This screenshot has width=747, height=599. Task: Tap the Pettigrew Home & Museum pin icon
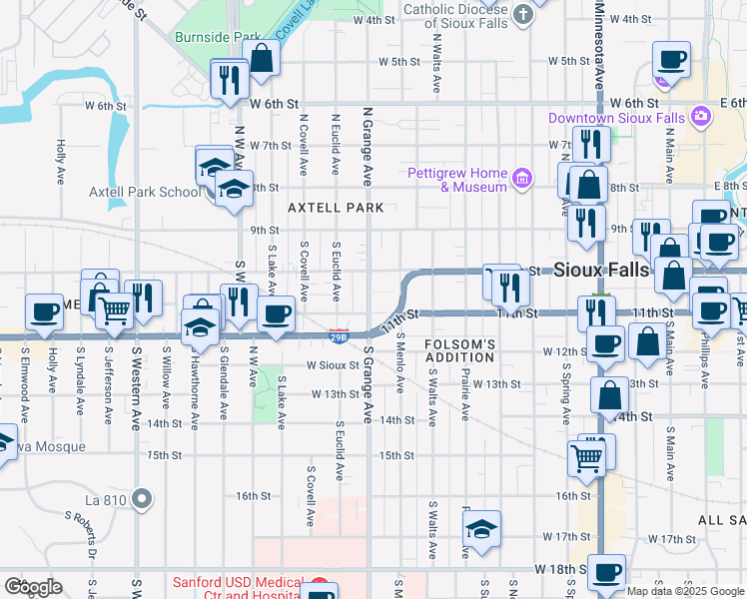click(x=520, y=180)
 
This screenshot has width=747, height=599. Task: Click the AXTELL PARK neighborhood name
click(x=335, y=208)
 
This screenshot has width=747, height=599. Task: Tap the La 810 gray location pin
click(x=143, y=497)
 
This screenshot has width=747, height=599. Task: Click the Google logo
click(x=34, y=587)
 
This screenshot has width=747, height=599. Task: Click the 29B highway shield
click(x=339, y=336)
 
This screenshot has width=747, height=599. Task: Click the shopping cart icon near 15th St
click(x=586, y=457)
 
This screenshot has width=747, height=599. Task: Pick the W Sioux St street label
click(x=333, y=365)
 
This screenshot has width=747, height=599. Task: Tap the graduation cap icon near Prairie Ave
click(x=482, y=529)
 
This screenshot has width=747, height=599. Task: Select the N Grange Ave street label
click(x=368, y=147)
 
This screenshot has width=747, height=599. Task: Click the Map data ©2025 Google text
click(x=686, y=591)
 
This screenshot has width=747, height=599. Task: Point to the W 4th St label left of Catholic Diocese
click(x=373, y=20)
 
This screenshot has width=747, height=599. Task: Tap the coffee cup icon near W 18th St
click(x=606, y=572)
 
